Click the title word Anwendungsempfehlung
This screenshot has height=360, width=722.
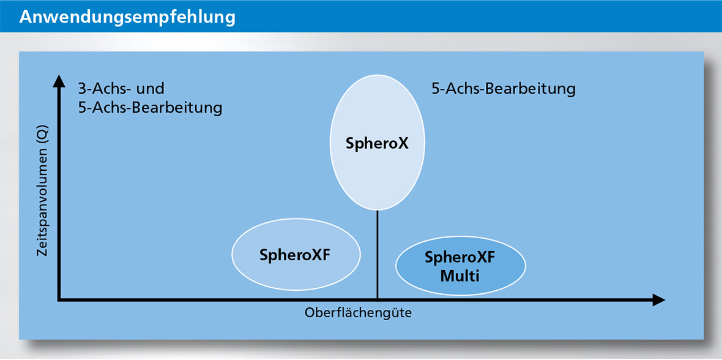(x=127, y=17)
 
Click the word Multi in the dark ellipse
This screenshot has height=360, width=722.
(x=460, y=276)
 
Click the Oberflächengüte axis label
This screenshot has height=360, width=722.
(x=358, y=313)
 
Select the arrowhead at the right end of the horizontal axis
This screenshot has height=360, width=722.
(x=658, y=299)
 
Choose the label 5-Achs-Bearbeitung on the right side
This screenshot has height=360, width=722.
(x=504, y=89)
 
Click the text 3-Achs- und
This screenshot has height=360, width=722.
(x=121, y=89)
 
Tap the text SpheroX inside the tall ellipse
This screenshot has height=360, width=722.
(x=377, y=144)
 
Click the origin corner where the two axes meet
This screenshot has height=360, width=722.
(x=59, y=299)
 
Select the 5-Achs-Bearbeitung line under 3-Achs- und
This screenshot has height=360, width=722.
(x=150, y=108)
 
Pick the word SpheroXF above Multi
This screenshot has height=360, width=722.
(x=460, y=258)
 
